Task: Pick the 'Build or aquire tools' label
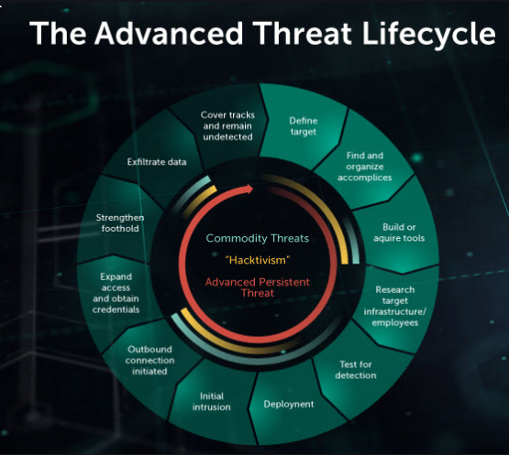coord(404,233)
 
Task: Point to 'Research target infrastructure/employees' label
coord(394,306)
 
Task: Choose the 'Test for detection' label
coord(356,369)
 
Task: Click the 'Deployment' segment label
coord(289,404)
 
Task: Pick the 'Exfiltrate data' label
coord(157,162)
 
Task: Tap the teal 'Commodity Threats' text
coord(257,238)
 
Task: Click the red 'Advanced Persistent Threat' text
coord(258,287)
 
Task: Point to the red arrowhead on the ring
coord(249,190)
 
